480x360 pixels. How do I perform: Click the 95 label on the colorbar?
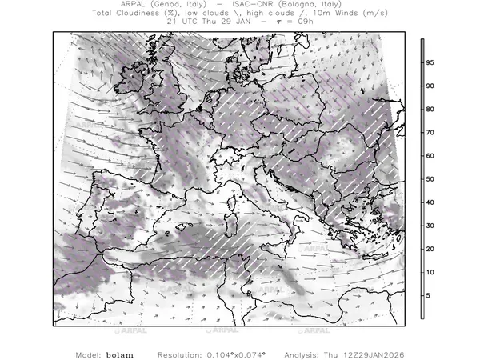pos(430,62)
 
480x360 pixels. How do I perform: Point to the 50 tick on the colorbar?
pos(430,179)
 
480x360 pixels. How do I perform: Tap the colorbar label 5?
pos(430,296)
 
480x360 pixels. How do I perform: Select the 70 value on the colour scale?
pos(430,132)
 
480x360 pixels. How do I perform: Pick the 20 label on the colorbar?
pos(430,250)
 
